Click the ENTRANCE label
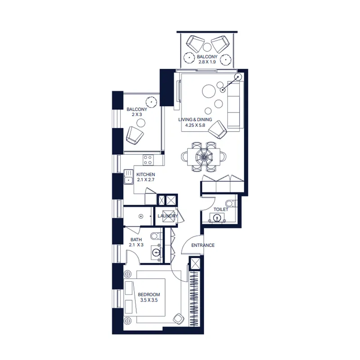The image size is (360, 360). pyautogui.click(x=203, y=245)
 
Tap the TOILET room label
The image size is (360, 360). pyautogui.click(x=221, y=209)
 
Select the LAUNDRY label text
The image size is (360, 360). pyautogui.click(x=167, y=216)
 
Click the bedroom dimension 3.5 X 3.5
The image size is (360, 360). pyautogui.click(x=149, y=300)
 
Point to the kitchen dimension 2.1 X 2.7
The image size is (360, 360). pyautogui.click(x=146, y=180)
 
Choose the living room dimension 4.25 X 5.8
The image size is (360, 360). pyautogui.click(x=195, y=125)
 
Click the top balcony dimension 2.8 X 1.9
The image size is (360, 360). pyautogui.click(x=207, y=62)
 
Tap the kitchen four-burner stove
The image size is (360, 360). pyautogui.click(x=148, y=160)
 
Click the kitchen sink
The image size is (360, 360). pyautogui.click(x=128, y=177)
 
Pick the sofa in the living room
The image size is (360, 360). pyautogui.click(x=235, y=104)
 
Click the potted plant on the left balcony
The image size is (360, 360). pyautogui.click(x=151, y=102)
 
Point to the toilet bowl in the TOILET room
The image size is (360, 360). pyautogui.click(x=230, y=203)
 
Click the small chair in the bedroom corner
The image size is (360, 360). pyautogui.click(x=178, y=319)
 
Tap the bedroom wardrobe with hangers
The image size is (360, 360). pyautogui.click(x=194, y=298)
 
